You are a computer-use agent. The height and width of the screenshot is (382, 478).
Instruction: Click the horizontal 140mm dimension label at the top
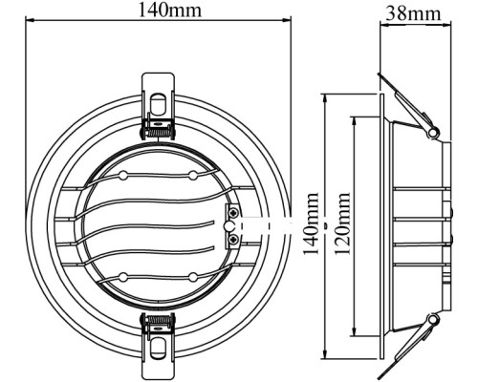(169, 10)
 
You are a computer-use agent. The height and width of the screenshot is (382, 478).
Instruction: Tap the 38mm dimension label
(413, 13)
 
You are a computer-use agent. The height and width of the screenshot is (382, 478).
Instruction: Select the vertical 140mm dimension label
(311, 223)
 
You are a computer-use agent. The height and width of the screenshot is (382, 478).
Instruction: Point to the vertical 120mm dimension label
(342, 223)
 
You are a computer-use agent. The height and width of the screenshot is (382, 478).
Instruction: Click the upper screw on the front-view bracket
(234, 212)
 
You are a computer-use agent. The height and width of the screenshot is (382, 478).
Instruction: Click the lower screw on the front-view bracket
(234, 240)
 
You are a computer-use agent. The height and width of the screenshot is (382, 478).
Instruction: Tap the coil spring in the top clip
(159, 132)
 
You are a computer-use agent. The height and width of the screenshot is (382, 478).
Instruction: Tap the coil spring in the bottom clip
(159, 320)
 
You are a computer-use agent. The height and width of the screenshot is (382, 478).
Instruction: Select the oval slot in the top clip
(159, 104)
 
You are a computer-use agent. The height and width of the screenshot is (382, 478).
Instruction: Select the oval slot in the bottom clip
(159, 348)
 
